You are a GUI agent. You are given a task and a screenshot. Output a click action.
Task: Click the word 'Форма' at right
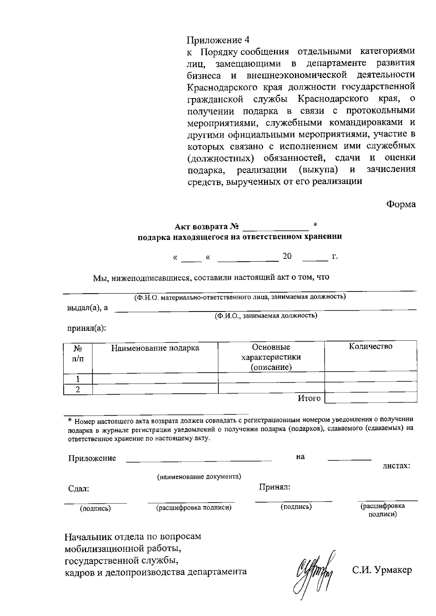[x=400, y=204]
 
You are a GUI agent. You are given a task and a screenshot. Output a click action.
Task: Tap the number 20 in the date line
[x=287, y=256]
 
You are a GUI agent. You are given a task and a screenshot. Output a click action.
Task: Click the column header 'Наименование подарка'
[x=155, y=348]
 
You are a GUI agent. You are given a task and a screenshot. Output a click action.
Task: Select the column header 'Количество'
[x=371, y=346]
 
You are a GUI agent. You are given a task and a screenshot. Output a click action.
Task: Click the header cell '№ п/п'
[x=78, y=354]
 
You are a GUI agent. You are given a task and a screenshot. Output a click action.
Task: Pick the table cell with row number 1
[x=78, y=379]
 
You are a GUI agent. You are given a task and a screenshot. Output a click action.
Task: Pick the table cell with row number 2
[x=78, y=389]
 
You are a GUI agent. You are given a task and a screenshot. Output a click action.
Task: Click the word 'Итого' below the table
[x=309, y=399]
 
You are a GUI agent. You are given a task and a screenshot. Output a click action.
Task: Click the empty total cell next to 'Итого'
[x=371, y=399]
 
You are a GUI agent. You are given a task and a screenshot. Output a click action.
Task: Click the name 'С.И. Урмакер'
[x=382, y=570]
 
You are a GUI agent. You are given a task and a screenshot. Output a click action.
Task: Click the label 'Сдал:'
[x=79, y=489]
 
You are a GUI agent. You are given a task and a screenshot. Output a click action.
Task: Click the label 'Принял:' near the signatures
[x=274, y=487]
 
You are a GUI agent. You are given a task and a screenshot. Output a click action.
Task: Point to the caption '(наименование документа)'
[x=199, y=477]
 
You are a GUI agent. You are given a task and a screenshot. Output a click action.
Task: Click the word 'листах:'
[x=396, y=466]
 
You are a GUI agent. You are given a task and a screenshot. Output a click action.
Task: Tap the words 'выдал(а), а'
[x=88, y=308]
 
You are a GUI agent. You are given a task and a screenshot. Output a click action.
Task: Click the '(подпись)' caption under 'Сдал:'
[x=95, y=509]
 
